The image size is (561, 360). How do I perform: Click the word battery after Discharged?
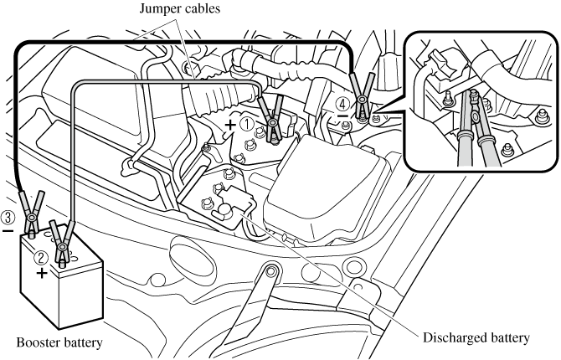[x=507, y=338]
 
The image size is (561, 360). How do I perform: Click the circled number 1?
[x=246, y=122]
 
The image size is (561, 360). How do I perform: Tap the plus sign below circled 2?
[x=41, y=273]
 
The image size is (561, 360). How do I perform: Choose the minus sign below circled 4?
[x=342, y=120]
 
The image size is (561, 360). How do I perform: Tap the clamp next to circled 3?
[x=31, y=211]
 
